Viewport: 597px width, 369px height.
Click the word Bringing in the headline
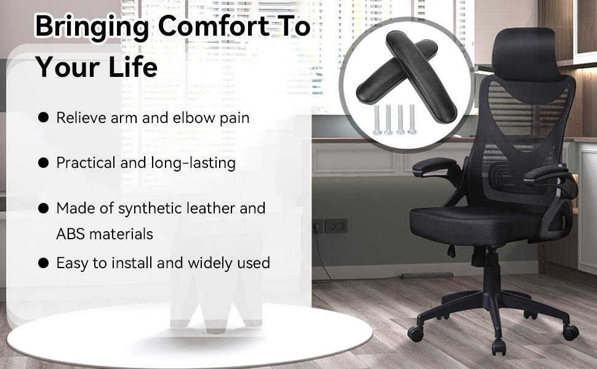pyautogui.click(x=91, y=28)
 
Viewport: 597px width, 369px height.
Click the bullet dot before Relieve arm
pyautogui.click(x=44, y=117)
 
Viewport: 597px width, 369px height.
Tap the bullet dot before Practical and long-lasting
pyautogui.click(x=44, y=163)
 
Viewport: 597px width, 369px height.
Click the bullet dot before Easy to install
pyautogui.click(x=44, y=263)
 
